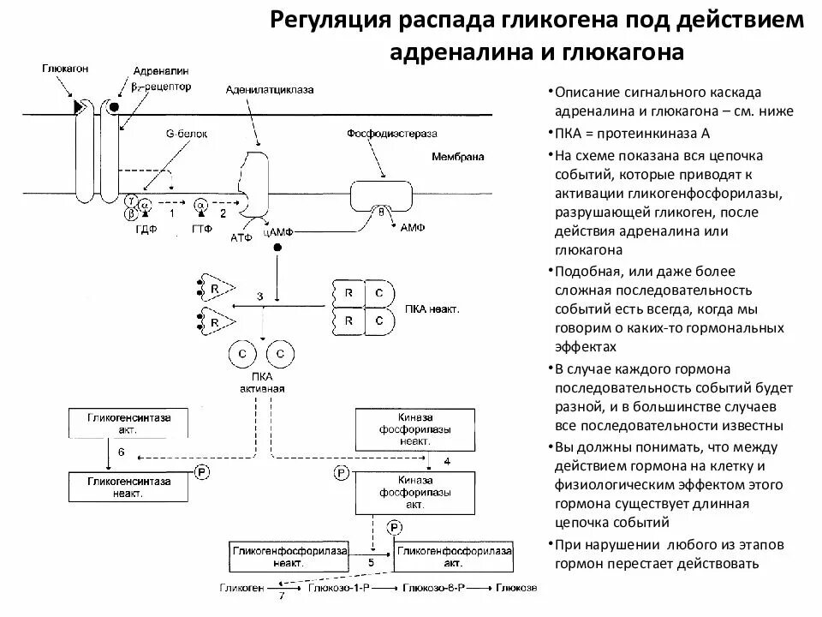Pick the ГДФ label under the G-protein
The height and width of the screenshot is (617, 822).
136,229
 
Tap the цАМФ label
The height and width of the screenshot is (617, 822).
280,232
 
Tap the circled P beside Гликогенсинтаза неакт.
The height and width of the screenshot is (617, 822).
202,472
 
